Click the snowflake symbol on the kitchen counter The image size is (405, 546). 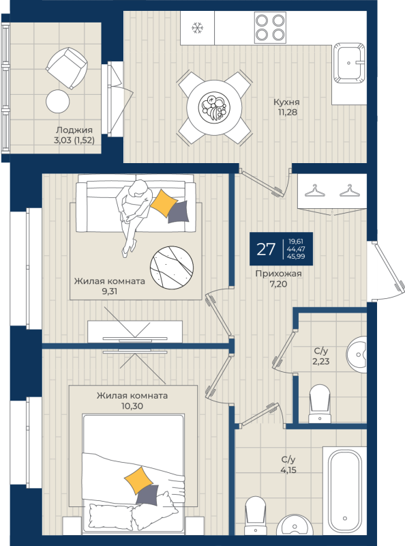click(197, 27)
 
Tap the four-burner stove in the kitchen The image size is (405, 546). click(270, 27)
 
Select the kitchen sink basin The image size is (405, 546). click(349, 63)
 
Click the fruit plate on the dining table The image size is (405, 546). click(214, 106)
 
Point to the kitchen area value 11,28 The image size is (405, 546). click(288, 112)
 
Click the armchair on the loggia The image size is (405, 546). click(67, 68)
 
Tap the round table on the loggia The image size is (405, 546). click(58, 101)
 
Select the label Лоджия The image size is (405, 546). click(74, 130)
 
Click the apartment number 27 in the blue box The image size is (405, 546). click(266, 249)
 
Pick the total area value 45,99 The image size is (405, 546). click(296, 257)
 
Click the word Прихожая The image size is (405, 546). click(278, 274)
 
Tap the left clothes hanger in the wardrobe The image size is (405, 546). click(315, 191)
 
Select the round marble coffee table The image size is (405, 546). click(172, 268)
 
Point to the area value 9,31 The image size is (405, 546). click(110, 291)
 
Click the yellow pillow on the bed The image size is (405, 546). click(138, 480)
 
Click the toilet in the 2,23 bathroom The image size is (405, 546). click(320, 403)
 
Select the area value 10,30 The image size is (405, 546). click(132, 406)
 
